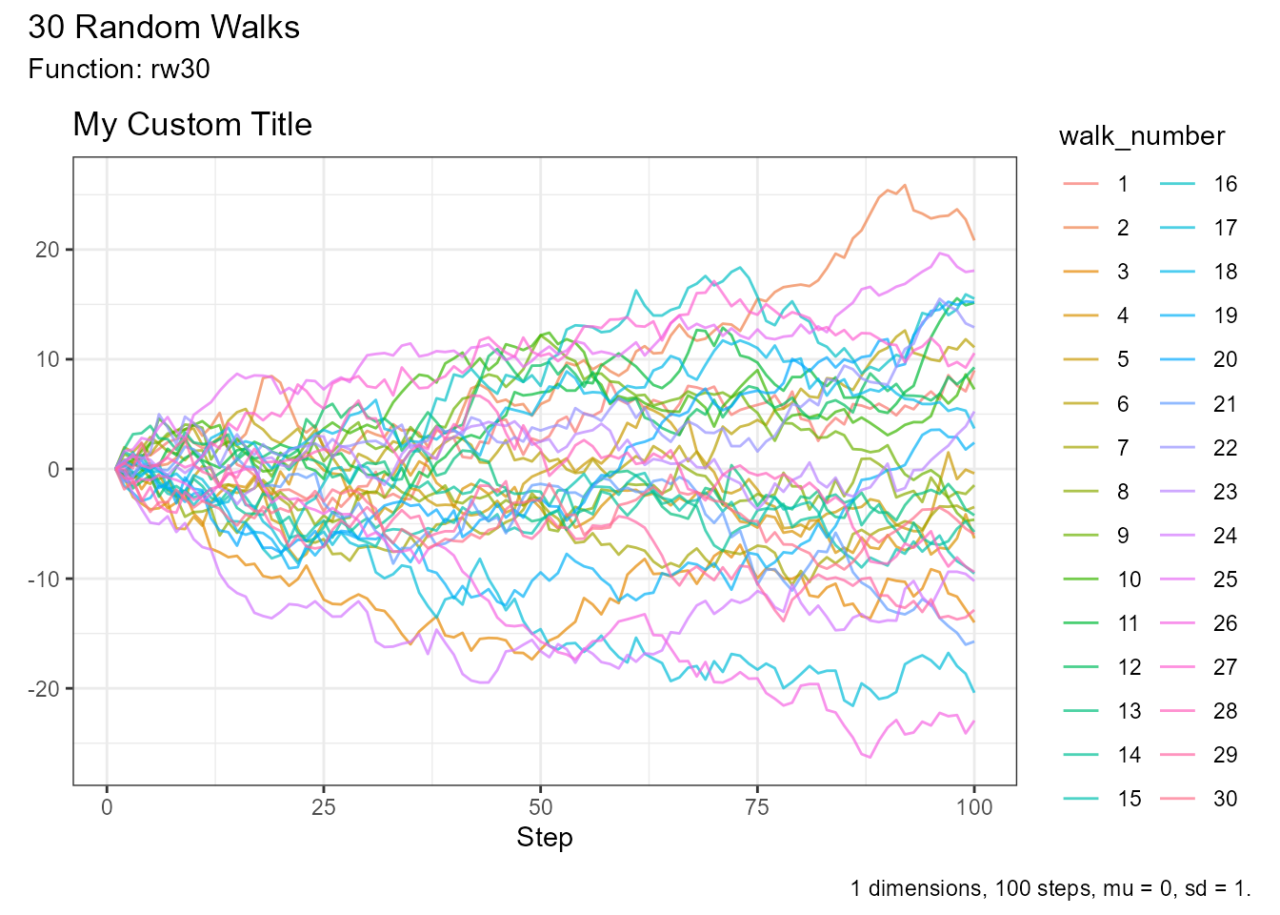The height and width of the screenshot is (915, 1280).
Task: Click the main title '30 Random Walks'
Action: click(164, 28)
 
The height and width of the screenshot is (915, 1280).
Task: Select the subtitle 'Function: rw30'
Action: click(119, 70)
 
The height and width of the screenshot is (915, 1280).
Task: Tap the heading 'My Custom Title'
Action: click(192, 125)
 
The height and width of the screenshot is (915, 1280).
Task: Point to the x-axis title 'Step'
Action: click(544, 838)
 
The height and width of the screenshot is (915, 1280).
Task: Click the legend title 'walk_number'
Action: click(1141, 136)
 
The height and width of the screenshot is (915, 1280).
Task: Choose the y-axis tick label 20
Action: click(48, 250)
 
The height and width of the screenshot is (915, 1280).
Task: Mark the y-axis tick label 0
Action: click(53, 469)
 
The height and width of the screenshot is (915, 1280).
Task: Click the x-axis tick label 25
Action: click(324, 808)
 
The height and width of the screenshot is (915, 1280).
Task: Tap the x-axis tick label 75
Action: click(757, 808)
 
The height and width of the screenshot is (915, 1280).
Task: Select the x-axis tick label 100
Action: click(973, 808)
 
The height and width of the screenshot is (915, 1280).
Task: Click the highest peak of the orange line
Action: click(904, 185)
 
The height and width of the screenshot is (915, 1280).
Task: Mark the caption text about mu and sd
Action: click(1050, 889)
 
